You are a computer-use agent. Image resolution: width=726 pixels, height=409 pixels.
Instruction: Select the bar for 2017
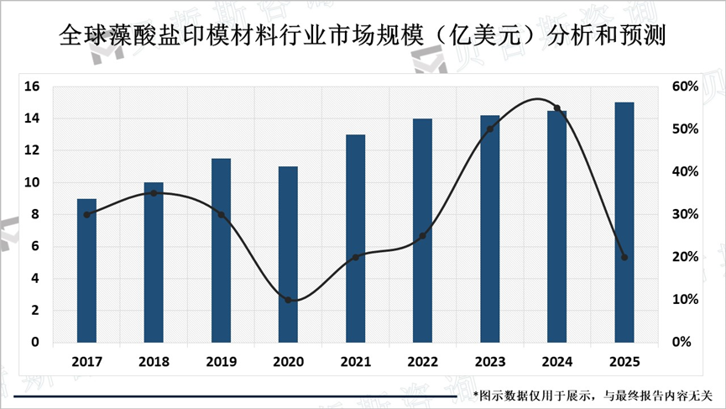86,270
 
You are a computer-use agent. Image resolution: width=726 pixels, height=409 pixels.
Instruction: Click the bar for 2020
288,254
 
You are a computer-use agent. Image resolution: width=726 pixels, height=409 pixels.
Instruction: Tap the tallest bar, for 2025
624,223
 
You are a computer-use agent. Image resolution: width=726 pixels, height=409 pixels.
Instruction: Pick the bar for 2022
422,231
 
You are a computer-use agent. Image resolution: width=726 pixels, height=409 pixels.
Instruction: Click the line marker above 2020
288,300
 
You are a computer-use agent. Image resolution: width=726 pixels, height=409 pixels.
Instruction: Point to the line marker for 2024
556,107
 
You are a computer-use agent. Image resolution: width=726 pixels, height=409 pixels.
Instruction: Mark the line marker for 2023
489,129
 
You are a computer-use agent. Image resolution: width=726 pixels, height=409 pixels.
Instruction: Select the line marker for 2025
624,257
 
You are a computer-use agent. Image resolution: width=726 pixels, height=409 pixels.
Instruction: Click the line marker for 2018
154,193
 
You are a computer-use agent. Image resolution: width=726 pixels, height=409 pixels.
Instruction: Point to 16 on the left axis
33,87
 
